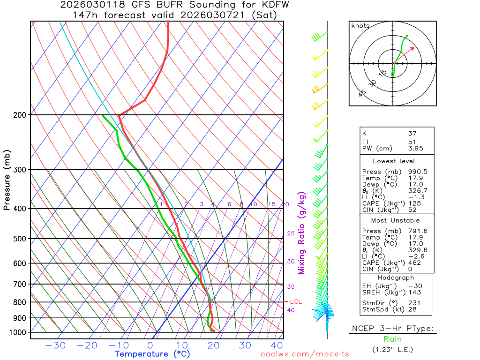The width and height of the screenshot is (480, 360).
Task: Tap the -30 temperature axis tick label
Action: (x=55, y=346)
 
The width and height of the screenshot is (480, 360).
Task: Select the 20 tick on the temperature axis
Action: (x=214, y=346)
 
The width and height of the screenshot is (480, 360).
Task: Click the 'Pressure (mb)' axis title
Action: (x=7, y=180)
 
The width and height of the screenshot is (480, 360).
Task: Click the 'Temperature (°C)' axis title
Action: (x=152, y=354)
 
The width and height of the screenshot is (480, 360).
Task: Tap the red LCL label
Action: (x=296, y=301)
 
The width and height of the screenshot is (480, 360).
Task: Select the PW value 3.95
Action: (x=415, y=149)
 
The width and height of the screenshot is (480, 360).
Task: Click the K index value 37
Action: (x=412, y=134)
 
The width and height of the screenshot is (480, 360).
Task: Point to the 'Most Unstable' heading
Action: (x=395, y=220)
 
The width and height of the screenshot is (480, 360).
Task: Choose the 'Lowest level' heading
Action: (x=391, y=161)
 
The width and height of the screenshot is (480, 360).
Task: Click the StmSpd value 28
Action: (x=412, y=310)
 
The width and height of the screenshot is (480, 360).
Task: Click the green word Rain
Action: (x=392, y=339)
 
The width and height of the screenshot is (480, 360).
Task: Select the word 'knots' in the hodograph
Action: (x=360, y=26)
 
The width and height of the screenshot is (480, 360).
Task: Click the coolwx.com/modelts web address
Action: (x=305, y=354)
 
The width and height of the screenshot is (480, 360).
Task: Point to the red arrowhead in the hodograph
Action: (x=412, y=47)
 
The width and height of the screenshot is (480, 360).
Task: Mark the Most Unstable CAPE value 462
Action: (x=414, y=262)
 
